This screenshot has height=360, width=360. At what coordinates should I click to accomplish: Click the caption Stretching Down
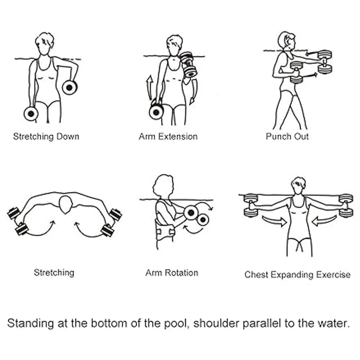[46, 137]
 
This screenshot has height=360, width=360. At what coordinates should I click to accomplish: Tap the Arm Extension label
[168, 136]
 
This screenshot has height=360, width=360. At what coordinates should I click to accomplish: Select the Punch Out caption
[287, 136]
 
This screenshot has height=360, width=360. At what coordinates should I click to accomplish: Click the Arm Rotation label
[172, 273]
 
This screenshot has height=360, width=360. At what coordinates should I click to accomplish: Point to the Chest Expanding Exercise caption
[297, 275]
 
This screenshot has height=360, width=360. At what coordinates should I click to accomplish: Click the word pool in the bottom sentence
[175, 323]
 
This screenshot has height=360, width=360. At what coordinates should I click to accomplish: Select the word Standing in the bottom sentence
[31, 323]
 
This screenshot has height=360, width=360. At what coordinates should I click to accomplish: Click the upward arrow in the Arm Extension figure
[149, 88]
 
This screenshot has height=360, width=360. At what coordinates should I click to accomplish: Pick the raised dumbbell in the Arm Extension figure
[188, 64]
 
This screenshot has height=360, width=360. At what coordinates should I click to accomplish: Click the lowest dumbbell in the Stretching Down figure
[31, 114]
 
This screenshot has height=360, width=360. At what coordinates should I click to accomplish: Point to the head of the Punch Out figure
[286, 41]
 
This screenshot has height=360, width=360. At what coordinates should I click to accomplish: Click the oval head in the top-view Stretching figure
[66, 205]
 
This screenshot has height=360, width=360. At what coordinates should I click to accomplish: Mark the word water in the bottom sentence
[333, 323]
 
